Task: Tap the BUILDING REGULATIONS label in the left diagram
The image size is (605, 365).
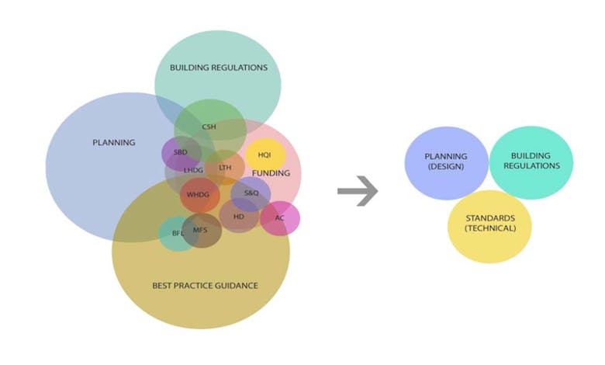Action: [218, 68]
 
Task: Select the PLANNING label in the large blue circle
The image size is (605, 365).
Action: [113, 143]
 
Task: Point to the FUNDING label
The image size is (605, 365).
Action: [271, 173]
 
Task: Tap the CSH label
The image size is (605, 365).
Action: [209, 126]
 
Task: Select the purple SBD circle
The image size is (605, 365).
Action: [181, 152]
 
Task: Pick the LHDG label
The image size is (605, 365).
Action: [194, 169]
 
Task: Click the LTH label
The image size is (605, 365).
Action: [225, 168]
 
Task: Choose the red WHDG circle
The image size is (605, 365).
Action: [199, 194]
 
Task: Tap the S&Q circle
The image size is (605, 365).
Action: [251, 193]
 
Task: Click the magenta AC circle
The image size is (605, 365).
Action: [280, 218]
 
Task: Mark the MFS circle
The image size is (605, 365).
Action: [201, 230]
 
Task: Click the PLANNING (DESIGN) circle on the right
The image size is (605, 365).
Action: [446, 162]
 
